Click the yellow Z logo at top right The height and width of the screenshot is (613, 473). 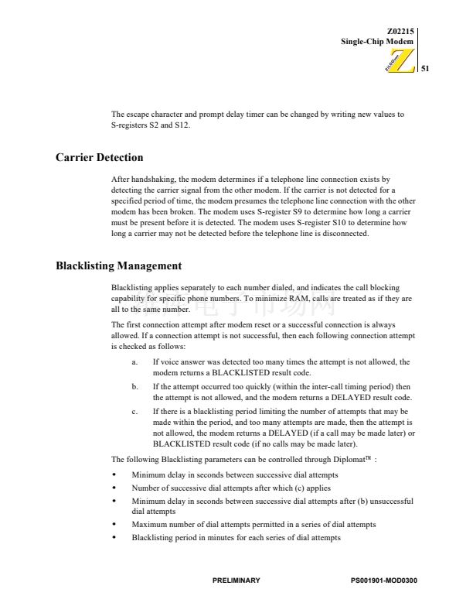pyautogui.click(x=403, y=62)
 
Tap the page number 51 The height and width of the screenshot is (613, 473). pyautogui.click(x=424, y=69)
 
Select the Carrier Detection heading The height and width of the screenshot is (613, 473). pyautogui.click(x=99, y=157)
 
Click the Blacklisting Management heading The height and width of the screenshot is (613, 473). pyautogui.click(x=118, y=265)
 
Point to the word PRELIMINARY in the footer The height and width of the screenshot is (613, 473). pyautogui.click(x=236, y=580)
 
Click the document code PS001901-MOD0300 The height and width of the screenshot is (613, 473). pyautogui.click(x=383, y=580)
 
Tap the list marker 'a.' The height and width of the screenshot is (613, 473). pyautogui.click(x=135, y=361)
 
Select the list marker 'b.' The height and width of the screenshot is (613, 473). pyautogui.click(x=135, y=385)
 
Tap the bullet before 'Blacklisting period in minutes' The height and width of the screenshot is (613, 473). pyautogui.click(x=114, y=537)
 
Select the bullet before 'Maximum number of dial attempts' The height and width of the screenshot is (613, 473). pyautogui.click(x=114, y=524)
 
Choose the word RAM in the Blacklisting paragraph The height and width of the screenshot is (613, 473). pyautogui.click(x=308, y=298)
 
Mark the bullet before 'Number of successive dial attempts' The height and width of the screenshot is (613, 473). pyautogui.click(x=114, y=488)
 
